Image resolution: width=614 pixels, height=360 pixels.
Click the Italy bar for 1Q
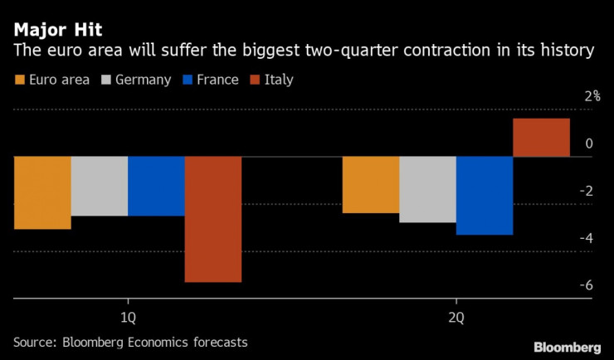pyautogui.click(x=213, y=219)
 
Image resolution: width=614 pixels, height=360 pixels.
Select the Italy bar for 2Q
pyautogui.click(x=542, y=138)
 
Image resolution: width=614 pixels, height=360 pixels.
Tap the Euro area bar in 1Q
pyautogui.click(x=42, y=192)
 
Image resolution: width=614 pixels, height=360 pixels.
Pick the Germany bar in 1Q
pyautogui.click(x=100, y=186)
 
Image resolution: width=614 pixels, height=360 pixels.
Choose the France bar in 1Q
pyautogui.click(x=156, y=186)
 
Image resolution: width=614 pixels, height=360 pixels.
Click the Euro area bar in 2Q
pyautogui.click(x=371, y=185)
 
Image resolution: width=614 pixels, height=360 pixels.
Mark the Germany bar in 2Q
pyautogui.click(x=427, y=189)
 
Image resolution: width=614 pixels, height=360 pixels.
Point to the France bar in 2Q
pyautogui.click(x=485, y=196)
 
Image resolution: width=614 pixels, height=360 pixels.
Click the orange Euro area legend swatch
pyautogui.click(x=19, y=80)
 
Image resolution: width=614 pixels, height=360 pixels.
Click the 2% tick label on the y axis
pyautogui.click(x=592, y=95)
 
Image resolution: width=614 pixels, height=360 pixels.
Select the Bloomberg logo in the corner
pyautogui.click(x=567, y=346)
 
